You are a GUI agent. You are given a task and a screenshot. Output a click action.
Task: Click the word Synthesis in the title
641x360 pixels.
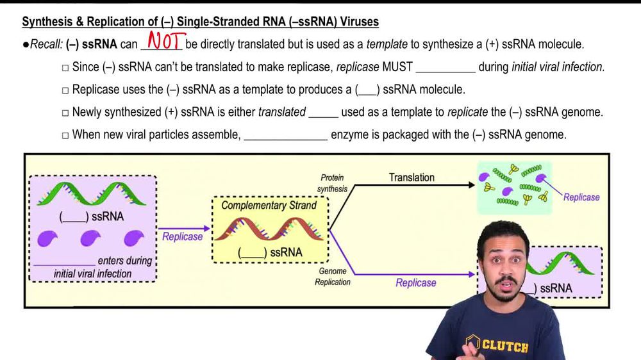[46, 22]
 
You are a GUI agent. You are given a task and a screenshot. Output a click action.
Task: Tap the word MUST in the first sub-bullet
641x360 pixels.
[397, 67]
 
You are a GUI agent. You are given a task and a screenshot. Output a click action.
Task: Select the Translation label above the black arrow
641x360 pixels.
[412, 177]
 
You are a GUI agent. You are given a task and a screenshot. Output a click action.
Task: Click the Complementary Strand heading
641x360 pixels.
[269, 206]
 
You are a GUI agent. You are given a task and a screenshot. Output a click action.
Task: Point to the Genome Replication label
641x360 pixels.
[333, 277]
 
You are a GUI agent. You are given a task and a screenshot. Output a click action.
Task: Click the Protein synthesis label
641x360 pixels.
[332, 183]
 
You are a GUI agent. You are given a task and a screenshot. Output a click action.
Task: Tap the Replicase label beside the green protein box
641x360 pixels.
[581, 197]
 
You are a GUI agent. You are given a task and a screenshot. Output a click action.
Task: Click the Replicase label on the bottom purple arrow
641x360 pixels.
[415, 282]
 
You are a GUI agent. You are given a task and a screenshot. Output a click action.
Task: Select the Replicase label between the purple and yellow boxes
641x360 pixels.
[183, 236]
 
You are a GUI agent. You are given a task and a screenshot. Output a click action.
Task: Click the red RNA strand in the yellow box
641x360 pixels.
[269, 229]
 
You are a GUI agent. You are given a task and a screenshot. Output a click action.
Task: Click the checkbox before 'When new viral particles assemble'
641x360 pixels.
[65, 135]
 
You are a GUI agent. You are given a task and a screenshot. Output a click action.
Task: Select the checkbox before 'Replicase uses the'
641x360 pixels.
[65, 90]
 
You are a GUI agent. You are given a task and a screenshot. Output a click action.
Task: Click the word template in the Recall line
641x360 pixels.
[386, 45]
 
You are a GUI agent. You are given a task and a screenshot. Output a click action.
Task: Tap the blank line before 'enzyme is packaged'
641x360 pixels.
[285, 135]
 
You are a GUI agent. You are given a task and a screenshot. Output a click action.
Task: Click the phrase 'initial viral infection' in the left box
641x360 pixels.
[93, 274]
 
